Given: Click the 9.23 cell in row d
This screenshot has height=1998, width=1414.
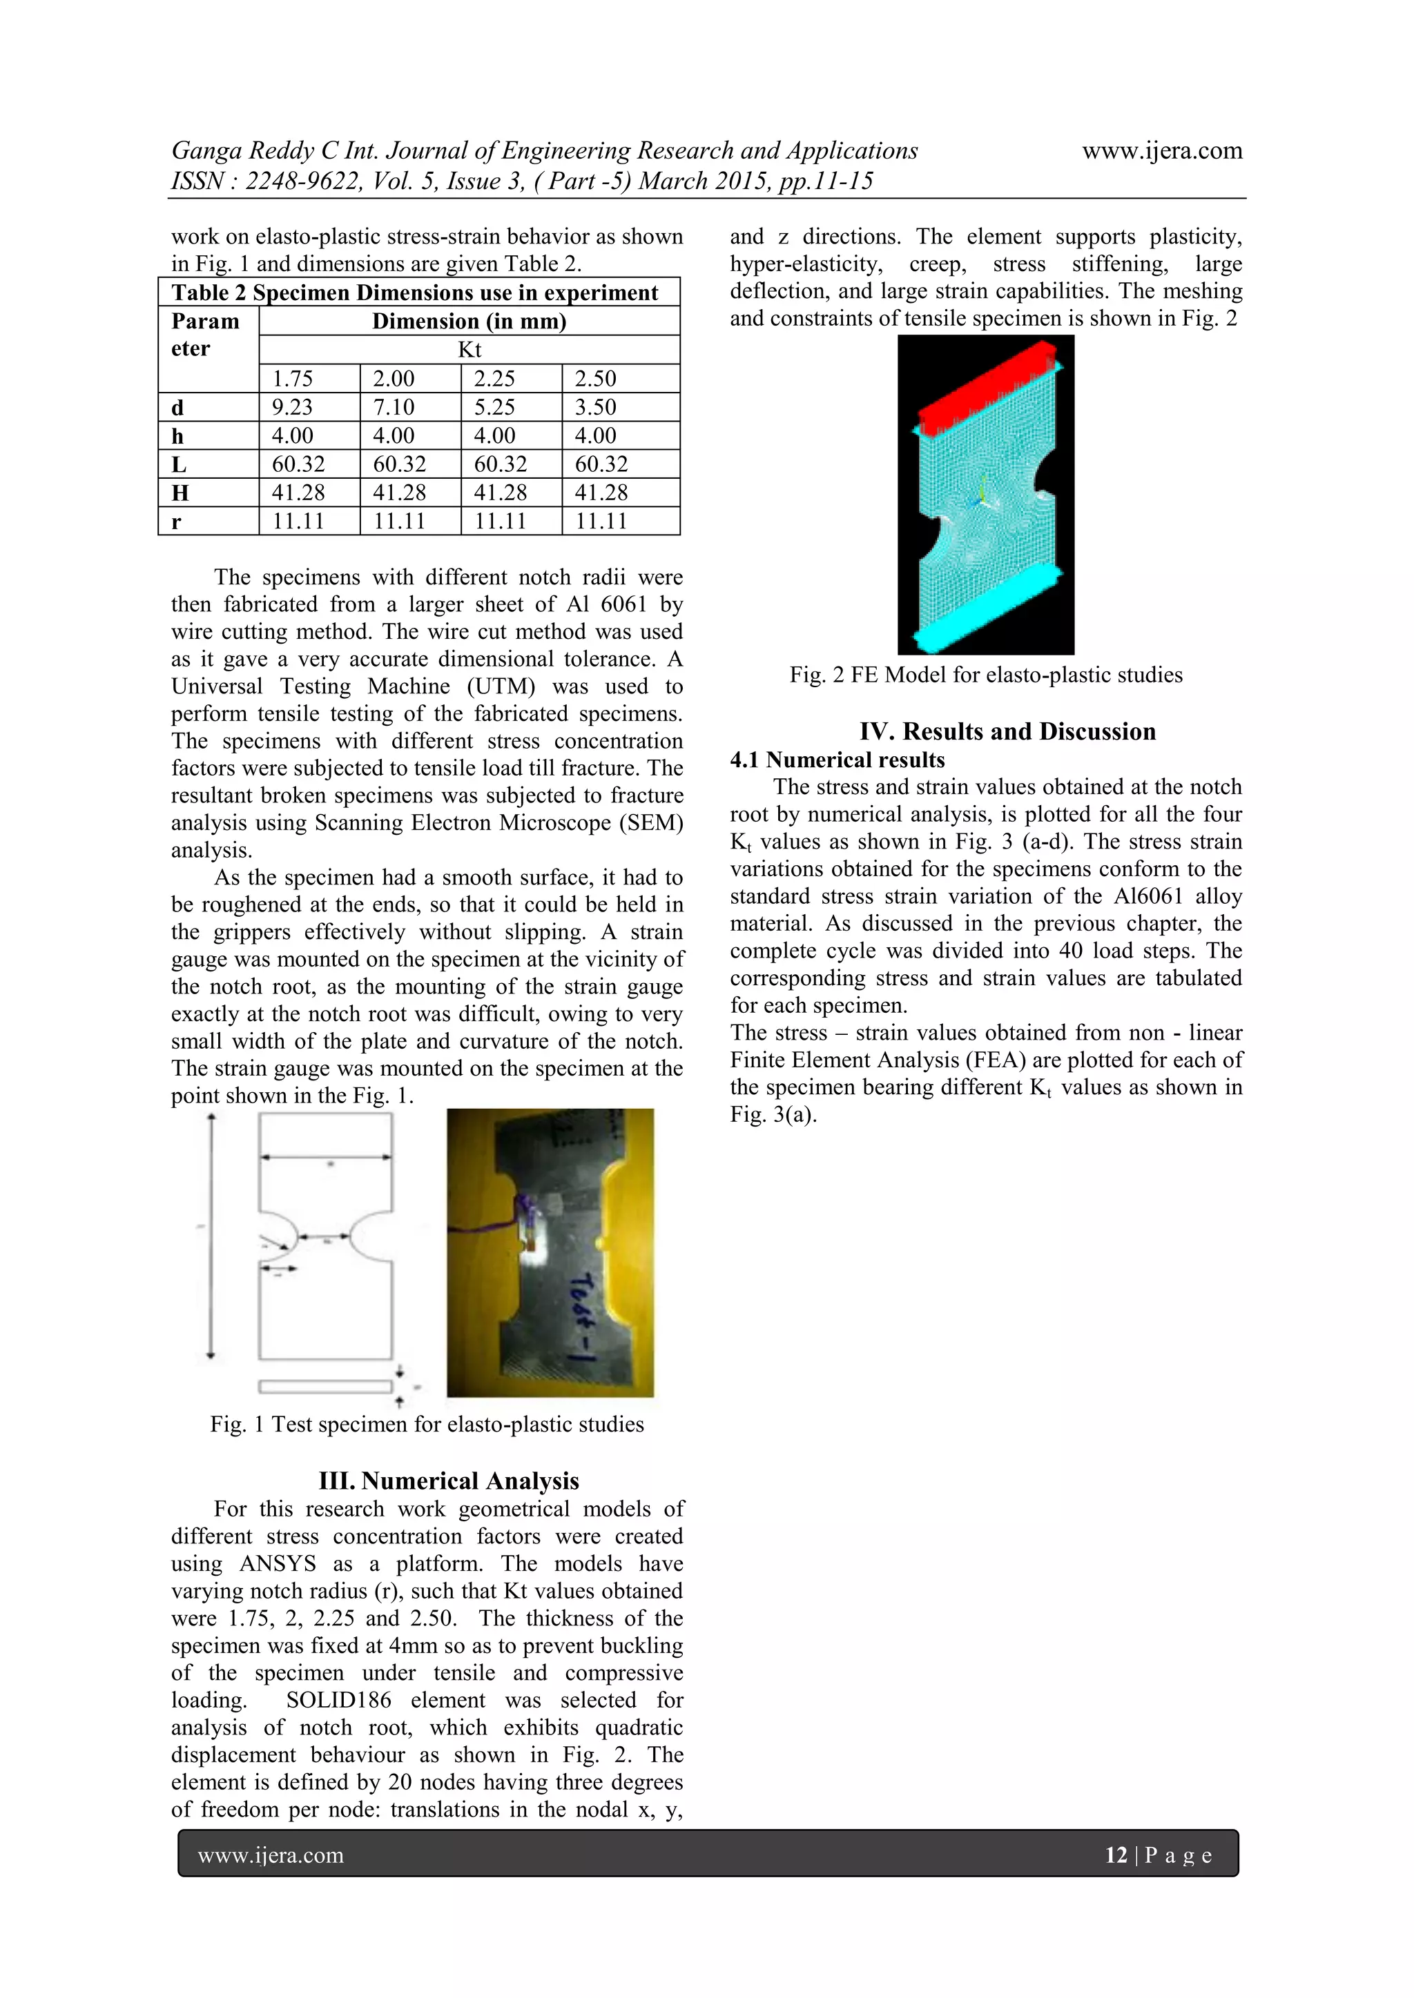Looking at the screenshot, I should pos(293,407).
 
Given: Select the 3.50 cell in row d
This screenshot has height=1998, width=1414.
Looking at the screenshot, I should pos(596,407).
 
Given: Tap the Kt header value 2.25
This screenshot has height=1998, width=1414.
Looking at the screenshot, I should pos(494,379).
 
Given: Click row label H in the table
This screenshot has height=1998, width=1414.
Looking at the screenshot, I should pos(180,493).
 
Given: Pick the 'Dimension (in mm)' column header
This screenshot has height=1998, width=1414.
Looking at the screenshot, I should pos(469,321).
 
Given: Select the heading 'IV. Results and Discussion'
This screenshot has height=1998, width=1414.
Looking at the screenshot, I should pos(1007,731).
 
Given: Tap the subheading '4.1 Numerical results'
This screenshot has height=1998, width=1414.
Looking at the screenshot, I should pos(837,760).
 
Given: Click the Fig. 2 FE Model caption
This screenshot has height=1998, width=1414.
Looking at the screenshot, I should pos(986,675).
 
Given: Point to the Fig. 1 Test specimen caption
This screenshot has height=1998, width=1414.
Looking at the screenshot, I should pos(427,1425).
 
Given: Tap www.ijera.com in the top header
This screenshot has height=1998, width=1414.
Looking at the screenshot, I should pos(1161,150).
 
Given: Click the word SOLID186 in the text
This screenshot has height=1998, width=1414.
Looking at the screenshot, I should pos(339,1699).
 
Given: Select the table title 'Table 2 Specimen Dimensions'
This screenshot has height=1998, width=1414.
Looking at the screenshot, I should pos(414,293).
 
